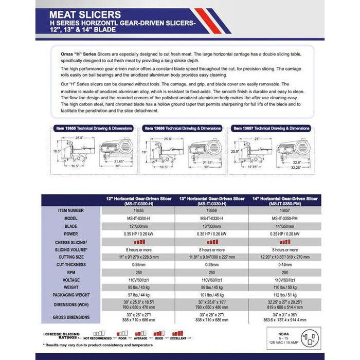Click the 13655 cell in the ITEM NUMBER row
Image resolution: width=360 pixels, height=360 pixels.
[138, 210]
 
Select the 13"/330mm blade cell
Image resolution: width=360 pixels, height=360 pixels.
[212, 225]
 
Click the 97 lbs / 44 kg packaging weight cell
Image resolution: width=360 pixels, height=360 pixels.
[138, 295]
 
